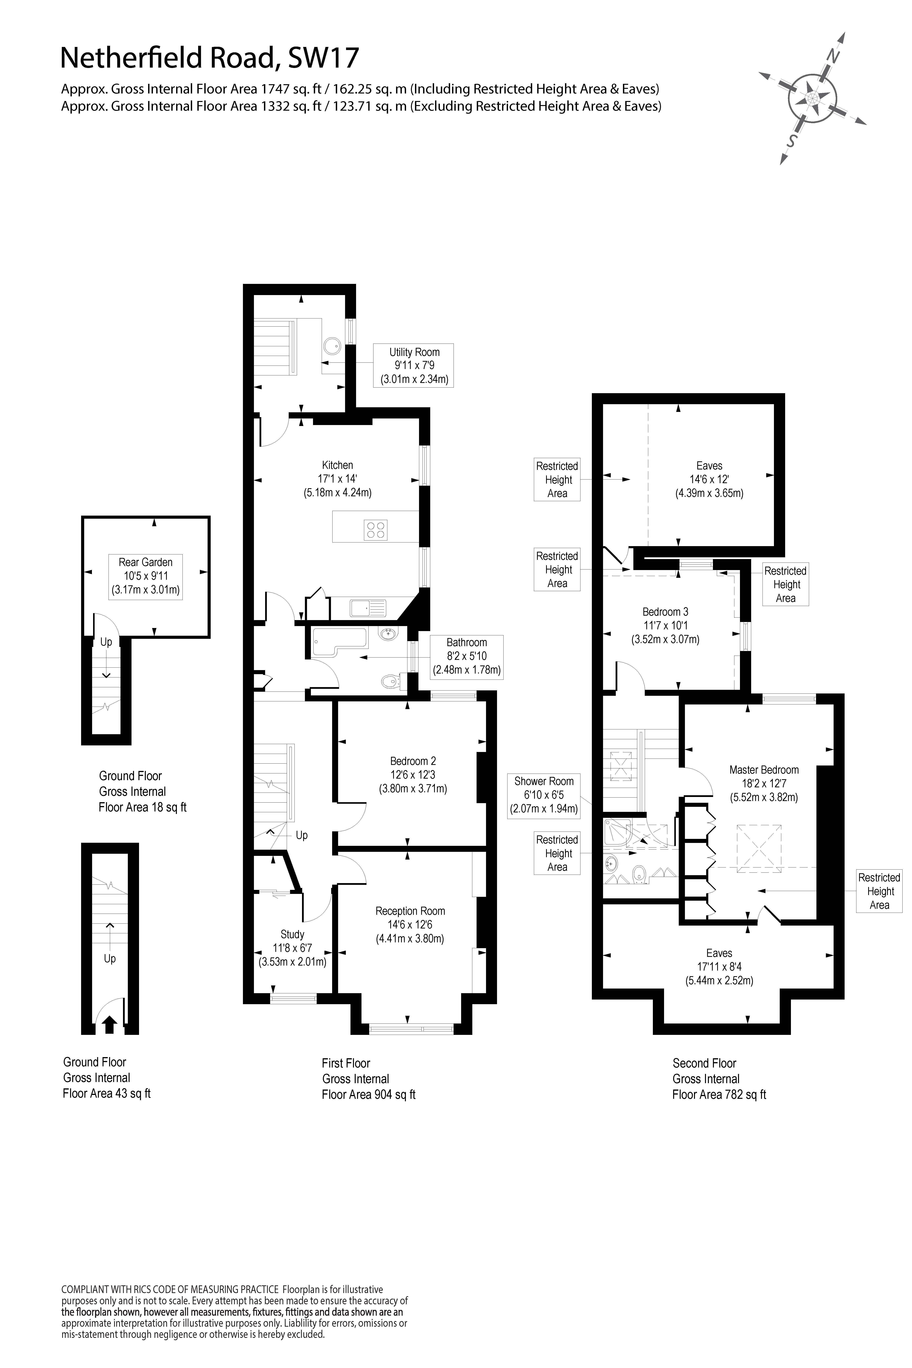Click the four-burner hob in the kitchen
[x=375, y=529]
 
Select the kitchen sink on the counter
[x=368, y=608]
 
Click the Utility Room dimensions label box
[x=414, y=365]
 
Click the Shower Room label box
[x=544, y=795]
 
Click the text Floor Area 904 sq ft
[x=369, y=1095]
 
